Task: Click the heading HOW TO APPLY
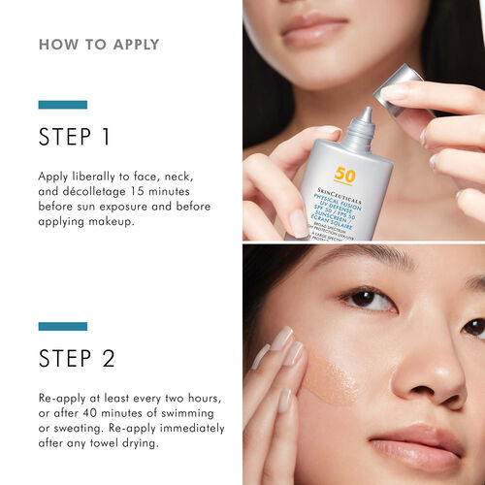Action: [x=99, y=45]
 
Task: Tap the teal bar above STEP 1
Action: [x=62, y=104]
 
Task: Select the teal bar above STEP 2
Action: [x=62, y=326]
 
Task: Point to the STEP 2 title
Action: [x=77, y=358]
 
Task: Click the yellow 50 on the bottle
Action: [x=345, y=176]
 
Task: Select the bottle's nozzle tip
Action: [x=364, y=115]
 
